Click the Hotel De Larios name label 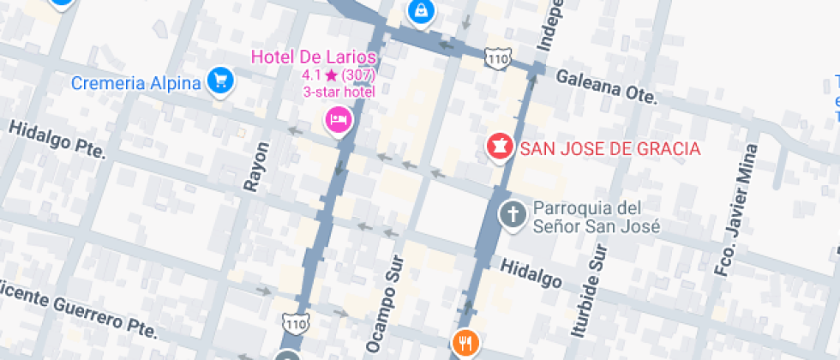[314, 57]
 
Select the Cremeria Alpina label [136, 83]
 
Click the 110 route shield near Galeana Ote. [497, 58]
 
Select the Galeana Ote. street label [606, 87]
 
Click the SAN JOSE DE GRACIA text [610, 148]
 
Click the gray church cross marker [513, 214]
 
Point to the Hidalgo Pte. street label [57, 139]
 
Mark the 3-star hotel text [339, 92]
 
